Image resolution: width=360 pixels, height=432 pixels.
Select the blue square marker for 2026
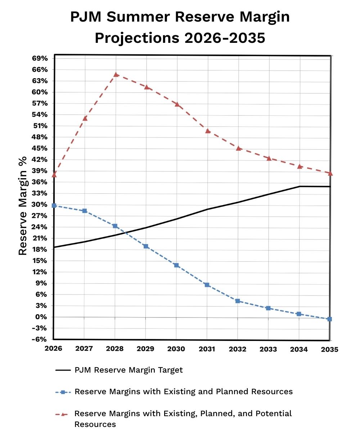click(54, 206)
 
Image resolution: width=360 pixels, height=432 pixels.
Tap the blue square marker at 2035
click(329, 319)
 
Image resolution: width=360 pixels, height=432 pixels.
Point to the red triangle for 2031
click(208, 131)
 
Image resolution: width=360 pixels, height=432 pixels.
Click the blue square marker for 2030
click(176, 265)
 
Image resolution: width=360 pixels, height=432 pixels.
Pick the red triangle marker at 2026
click(54, 175)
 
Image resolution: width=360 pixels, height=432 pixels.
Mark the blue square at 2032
click(238, 301)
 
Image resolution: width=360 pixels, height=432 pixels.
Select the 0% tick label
click(41, 317)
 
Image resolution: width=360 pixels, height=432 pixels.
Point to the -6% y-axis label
click(40, 339)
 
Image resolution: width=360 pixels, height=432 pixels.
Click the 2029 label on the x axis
click(145, 349)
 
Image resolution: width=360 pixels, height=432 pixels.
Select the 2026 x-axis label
click(54, 349)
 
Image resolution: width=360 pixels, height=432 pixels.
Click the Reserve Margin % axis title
click(23, 205)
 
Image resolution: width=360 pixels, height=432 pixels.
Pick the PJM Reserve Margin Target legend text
click(129, 370)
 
